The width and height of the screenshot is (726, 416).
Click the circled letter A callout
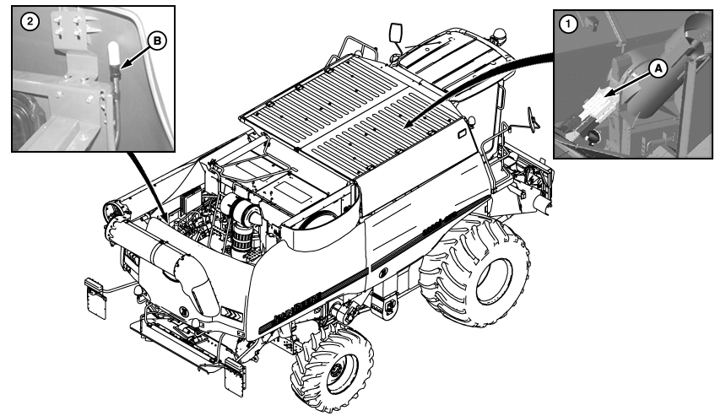[658, 69]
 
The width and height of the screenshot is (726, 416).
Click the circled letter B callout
[157, 41]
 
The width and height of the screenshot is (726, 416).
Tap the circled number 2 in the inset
[30, 22]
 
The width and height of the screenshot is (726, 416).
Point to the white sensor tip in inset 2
[114, 55]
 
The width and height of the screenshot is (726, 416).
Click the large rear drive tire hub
[495, 281]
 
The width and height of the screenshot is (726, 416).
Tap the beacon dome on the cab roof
[499, 34]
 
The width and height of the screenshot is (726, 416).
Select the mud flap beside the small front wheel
[234, 377]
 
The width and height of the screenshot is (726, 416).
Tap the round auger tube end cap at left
[113, 212]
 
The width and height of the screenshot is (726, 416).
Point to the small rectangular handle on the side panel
[462, 134]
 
